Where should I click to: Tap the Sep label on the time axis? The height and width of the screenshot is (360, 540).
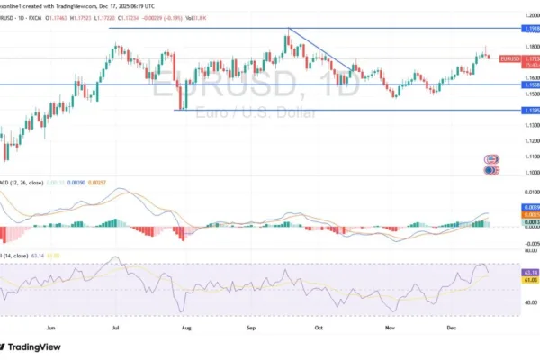tap(254, 328)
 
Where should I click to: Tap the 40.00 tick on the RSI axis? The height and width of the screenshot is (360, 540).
tap(516, 303)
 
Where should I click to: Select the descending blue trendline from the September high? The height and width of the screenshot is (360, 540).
tap(319, 50)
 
